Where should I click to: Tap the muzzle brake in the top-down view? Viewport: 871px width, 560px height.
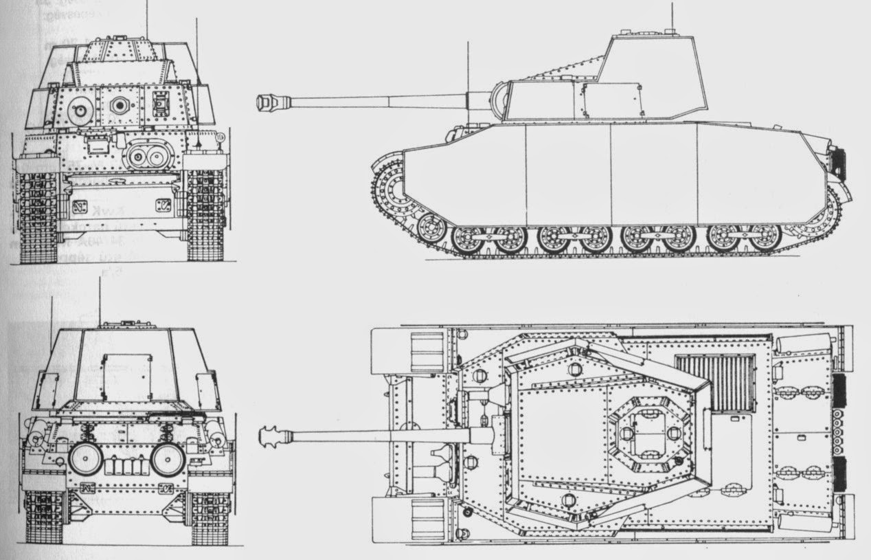point(269,436)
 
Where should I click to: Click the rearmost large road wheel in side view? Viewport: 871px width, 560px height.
point(765,237)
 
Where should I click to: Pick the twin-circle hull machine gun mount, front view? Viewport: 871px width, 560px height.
point(146,157)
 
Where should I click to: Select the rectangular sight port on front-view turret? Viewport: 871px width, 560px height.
point(161,103)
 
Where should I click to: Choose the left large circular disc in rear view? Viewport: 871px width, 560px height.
point(85,458)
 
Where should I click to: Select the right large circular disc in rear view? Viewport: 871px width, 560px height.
point(168,458)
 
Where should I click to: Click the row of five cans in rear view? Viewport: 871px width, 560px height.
point(127,467)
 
